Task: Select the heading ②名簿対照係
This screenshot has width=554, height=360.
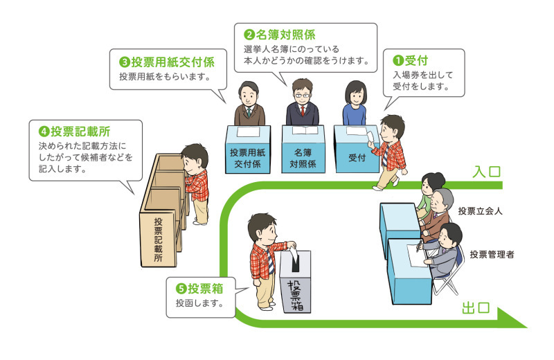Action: (x=281, y=34)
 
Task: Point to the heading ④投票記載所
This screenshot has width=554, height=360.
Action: (x=76, y=130)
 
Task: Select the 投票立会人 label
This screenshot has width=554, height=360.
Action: (x=480, y=211)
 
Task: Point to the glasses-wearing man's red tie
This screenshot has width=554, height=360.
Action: (x=303, y=111)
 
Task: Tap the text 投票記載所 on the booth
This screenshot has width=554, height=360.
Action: (x=159, y=239)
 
